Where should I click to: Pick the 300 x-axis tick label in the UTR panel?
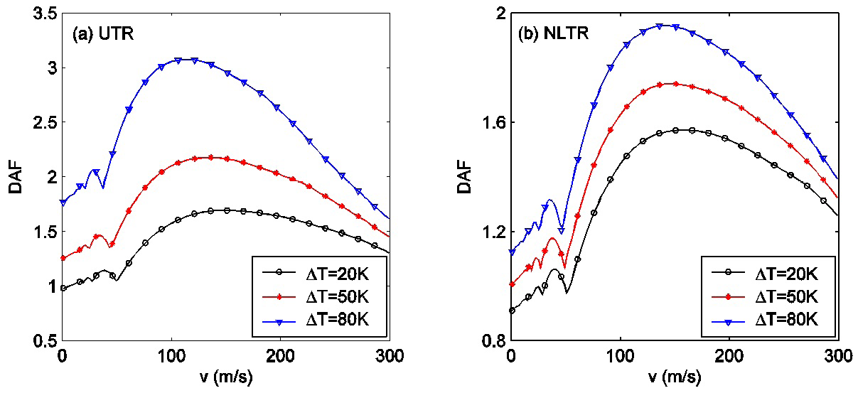390,355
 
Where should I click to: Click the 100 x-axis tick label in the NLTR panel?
620,355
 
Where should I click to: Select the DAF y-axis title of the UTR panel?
14,177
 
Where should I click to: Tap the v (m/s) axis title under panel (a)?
226,377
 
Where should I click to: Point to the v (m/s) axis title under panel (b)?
675,377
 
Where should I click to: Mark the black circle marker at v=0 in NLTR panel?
511,311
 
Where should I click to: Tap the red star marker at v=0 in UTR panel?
63,258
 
